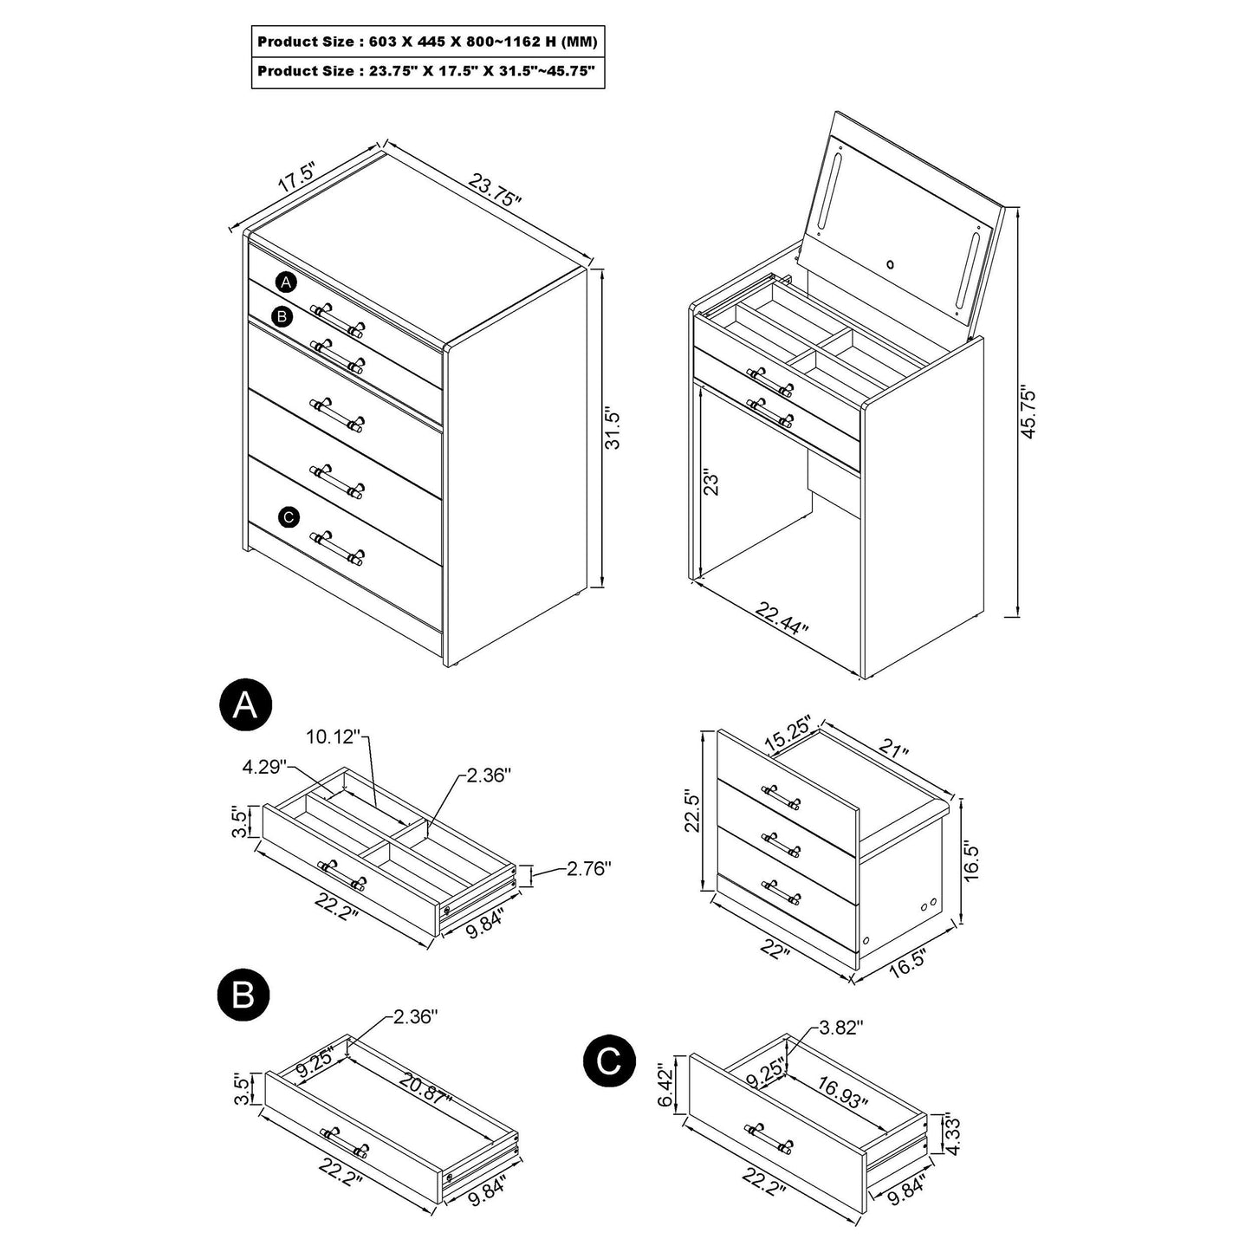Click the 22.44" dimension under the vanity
782,620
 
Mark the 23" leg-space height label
712,483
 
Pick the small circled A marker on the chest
287,282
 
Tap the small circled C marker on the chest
289,517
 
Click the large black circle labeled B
243,996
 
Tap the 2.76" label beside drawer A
589,867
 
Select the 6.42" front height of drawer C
665,1085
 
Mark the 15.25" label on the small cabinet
788,734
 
